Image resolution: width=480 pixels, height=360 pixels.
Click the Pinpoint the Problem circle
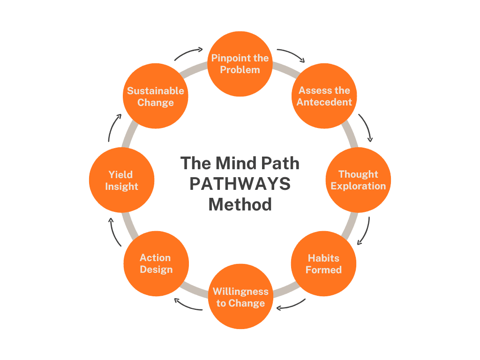click(240, 64)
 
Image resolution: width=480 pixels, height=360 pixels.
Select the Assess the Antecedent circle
click(324, 96)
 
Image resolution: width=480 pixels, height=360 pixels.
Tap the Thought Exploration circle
click(358, 180)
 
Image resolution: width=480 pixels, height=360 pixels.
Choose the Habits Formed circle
click(323, 263)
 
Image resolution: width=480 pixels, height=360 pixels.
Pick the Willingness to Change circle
click(240, 297)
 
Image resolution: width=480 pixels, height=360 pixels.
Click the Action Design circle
click(156, 263)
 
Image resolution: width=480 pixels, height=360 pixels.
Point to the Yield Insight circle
click(121, 180)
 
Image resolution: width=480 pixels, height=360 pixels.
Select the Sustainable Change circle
click(156, 97)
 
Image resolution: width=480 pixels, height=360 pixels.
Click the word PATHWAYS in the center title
click(240, 184)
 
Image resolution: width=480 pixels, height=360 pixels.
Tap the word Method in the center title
click(240, 204)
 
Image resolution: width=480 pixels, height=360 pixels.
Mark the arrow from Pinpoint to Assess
click(291, 54)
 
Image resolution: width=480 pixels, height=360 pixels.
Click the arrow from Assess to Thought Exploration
click(367, 127)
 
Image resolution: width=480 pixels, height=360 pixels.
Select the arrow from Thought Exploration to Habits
click(364, 232)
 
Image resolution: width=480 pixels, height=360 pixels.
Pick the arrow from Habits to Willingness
click(291, 305)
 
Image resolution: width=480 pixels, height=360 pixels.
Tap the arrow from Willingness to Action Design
click(188, 305)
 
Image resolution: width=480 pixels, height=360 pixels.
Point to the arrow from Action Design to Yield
click(114, 232)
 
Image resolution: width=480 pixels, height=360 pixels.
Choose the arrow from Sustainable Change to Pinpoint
click(188, 53)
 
